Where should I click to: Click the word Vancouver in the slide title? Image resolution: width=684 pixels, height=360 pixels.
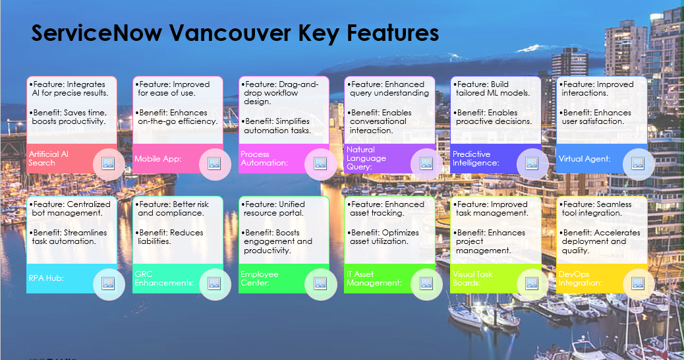point(225,32)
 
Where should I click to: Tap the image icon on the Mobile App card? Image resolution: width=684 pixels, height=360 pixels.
point(214,164)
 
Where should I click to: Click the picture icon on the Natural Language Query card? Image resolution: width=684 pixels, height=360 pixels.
point(426,164)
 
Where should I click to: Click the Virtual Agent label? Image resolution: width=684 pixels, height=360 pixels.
point(584,158)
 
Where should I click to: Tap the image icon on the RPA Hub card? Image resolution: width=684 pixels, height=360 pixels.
point(108,284)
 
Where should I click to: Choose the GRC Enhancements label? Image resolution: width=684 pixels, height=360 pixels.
point(164,278)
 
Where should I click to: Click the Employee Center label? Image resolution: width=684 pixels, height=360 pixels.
point(260,278)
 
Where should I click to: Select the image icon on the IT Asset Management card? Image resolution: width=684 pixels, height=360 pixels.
point(426,284)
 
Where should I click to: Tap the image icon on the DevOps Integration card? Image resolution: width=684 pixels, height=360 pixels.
point(638,284)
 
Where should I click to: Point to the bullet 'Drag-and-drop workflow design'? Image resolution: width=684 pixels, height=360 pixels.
point(281,93)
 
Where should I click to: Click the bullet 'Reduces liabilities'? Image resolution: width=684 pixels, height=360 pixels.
point(171,237)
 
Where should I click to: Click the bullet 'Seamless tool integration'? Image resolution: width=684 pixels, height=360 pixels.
point(596,208)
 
